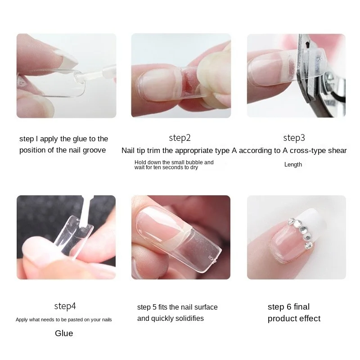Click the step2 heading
pyautogui.click(x=180, y=138)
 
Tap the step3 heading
pyautogui.click(x=294, y=138)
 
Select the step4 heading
pyautogui.click(x=65, y=306)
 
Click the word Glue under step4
pyautogui.click(x=64, y=333)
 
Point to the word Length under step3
pyautogui.click(x=293, y=165)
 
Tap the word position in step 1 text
pyautogui.click(x=33, y=150)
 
